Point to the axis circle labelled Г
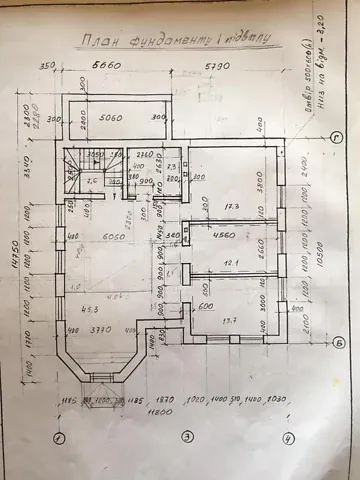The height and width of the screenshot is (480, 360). pos(339,140)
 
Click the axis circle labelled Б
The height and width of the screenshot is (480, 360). pos(339,343)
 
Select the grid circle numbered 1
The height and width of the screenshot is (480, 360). pos(59,437)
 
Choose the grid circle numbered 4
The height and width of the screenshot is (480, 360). pos(288,437)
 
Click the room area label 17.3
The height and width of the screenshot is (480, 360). pos(232,207)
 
